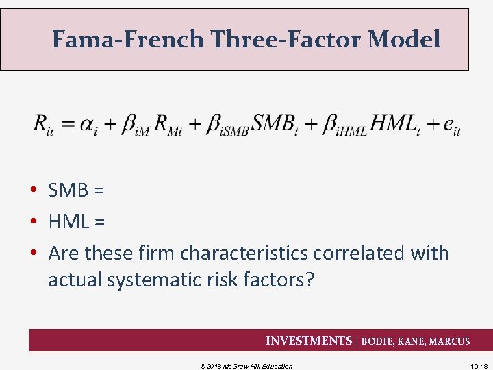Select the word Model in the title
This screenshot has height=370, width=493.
pos(404,40)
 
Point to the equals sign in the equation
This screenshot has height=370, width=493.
pos(68,125)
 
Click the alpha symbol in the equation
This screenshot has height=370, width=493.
pos(88,125)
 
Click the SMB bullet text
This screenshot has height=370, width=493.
pos(75,190)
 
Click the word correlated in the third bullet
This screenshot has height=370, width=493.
pos(359,253)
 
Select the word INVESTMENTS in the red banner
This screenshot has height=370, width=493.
pos(308,341)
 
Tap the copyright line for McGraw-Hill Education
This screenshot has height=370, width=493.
pos(246,366)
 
